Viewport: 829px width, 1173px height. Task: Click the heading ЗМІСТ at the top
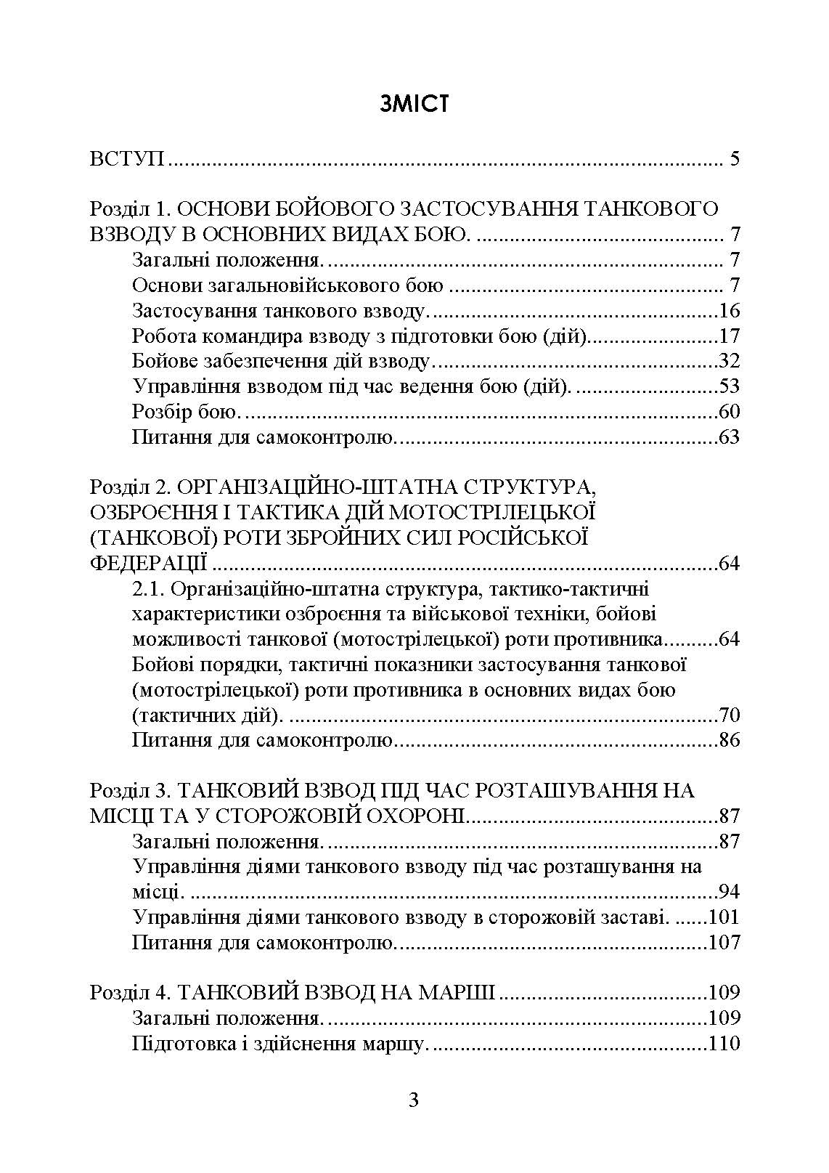pos(414,104)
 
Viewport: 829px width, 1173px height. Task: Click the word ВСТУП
pos(128,159)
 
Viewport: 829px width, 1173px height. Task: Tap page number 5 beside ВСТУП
pos(734,159)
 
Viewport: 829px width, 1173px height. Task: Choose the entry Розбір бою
pos(186,412)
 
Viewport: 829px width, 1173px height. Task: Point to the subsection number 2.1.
pos(150,588)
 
